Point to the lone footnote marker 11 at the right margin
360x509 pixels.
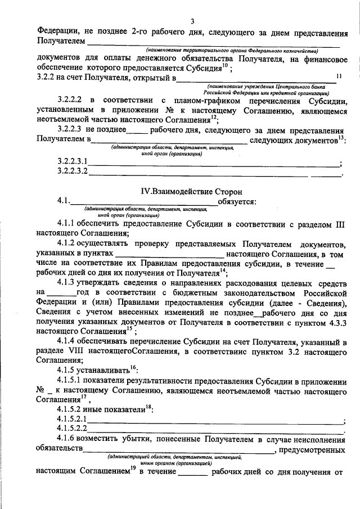[338, 75]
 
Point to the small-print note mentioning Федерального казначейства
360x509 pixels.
[232, 51]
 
